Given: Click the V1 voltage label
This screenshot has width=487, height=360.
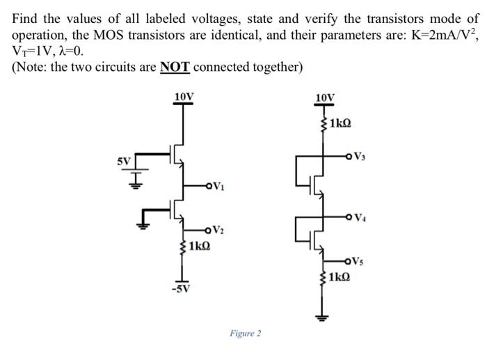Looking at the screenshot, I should tap(218, 186).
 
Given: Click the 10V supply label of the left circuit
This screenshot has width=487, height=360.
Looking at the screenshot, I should tap(184, 95).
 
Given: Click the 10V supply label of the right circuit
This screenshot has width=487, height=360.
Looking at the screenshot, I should tap(324, 97).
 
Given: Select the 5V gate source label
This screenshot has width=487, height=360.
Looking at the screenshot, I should tap(123, 161).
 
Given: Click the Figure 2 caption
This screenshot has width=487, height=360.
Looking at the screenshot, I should tap(245, 334).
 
